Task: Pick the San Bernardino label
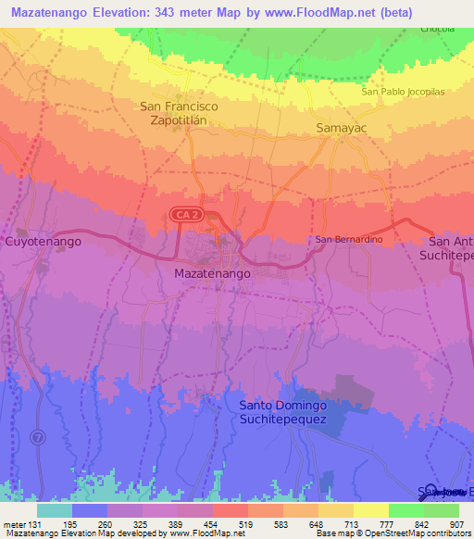[x=349, y=240]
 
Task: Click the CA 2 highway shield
[x=181, y=215]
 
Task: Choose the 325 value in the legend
[x=142, y=523]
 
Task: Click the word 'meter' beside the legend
[x=13, y=523]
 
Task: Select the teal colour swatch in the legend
[x=55, y=510]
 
